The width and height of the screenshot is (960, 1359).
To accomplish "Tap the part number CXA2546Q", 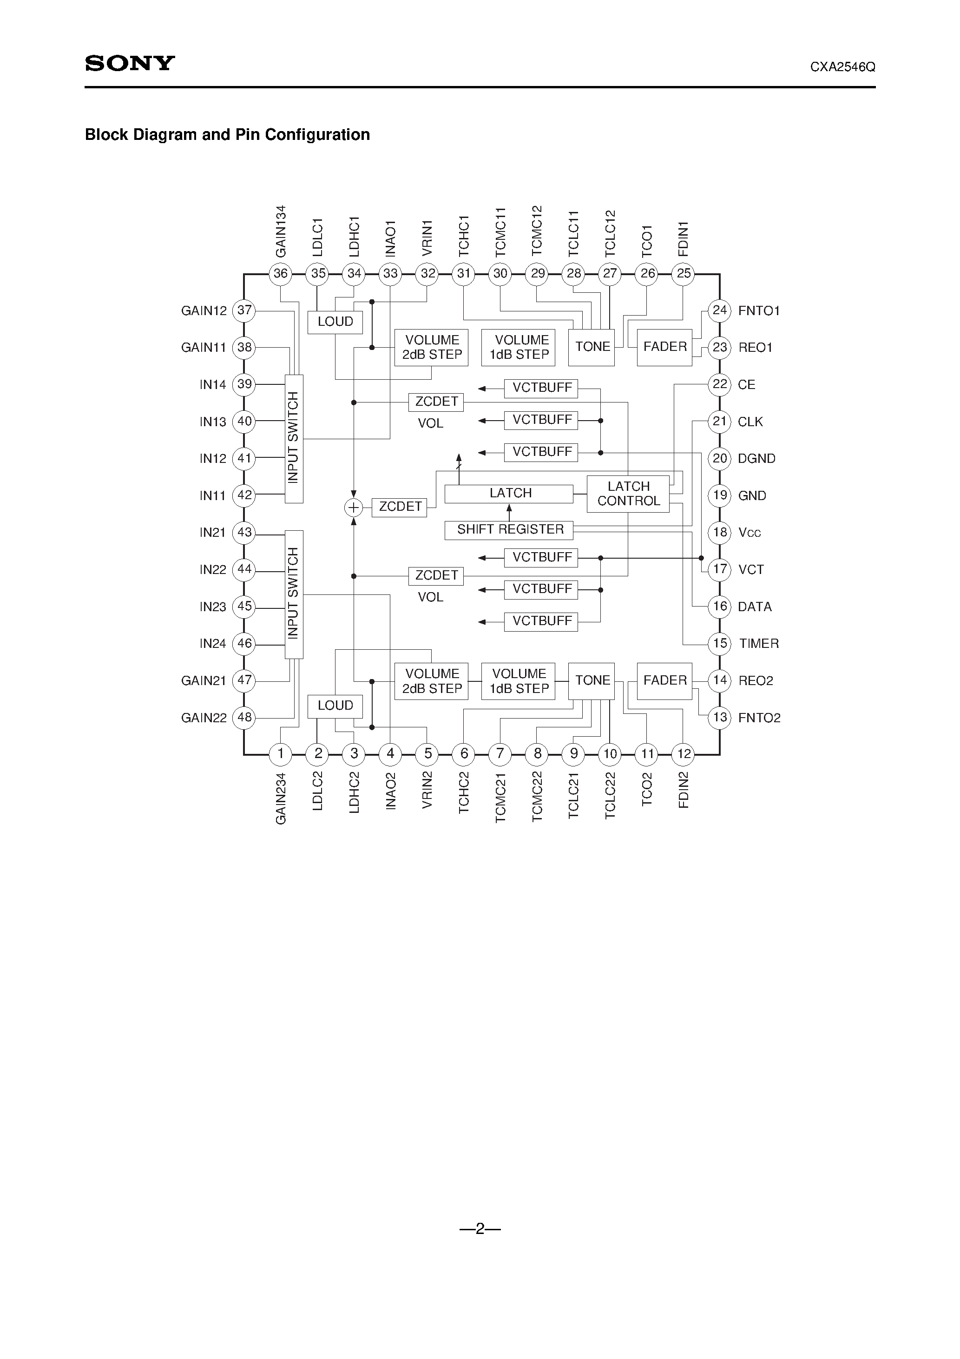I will (842, 67).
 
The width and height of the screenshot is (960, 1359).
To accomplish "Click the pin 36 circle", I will (281, 273).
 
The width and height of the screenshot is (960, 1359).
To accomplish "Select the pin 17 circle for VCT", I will (720, 569).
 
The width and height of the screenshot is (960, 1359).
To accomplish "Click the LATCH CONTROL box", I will (628, 494).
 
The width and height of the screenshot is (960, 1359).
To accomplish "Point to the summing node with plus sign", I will (353, 507).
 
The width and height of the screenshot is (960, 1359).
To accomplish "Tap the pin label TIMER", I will (759, 643).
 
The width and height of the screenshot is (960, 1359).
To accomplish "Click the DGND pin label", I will (756, 459).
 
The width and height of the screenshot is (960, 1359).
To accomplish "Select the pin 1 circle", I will (281, 753).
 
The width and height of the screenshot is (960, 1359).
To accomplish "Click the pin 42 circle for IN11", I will (244, 495).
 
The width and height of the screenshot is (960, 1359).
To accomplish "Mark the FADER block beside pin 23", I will (664, 347).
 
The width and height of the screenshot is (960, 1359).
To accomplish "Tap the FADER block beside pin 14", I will (664, 681).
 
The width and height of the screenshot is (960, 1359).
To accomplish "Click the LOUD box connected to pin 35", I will (335, 322).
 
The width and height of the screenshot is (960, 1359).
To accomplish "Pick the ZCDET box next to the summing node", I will (400, 507).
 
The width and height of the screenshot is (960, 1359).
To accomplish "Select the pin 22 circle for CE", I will (720, 385).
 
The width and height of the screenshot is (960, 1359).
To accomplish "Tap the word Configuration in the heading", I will (317, 135).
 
